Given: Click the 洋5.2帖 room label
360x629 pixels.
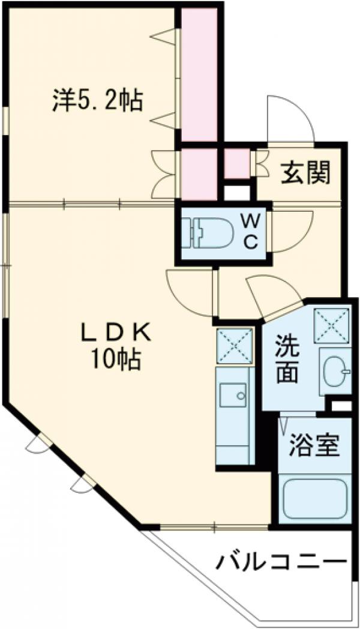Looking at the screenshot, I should [97, 100].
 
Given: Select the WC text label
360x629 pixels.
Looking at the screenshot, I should [251, 232].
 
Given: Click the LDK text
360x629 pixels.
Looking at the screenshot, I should [118, 332].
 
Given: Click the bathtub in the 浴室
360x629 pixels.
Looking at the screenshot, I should [314, 499].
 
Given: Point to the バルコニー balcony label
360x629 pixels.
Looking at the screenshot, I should [281, 564].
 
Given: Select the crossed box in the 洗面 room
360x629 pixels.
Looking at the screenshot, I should [332, 324].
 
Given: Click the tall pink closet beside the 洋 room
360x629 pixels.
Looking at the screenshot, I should [199, 75].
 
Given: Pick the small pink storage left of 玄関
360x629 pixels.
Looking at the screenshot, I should [237, 163].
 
